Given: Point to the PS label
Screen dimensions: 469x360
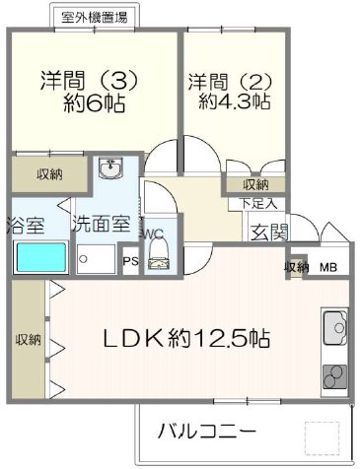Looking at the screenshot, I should point(130,261).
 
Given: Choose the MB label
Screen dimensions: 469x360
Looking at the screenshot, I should point(326,267).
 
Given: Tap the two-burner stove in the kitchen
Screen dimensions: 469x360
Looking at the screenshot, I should point(333,378).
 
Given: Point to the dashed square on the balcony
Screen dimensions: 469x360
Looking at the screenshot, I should point(321,436).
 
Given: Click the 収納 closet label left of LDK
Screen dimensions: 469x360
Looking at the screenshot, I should point(27,339).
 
